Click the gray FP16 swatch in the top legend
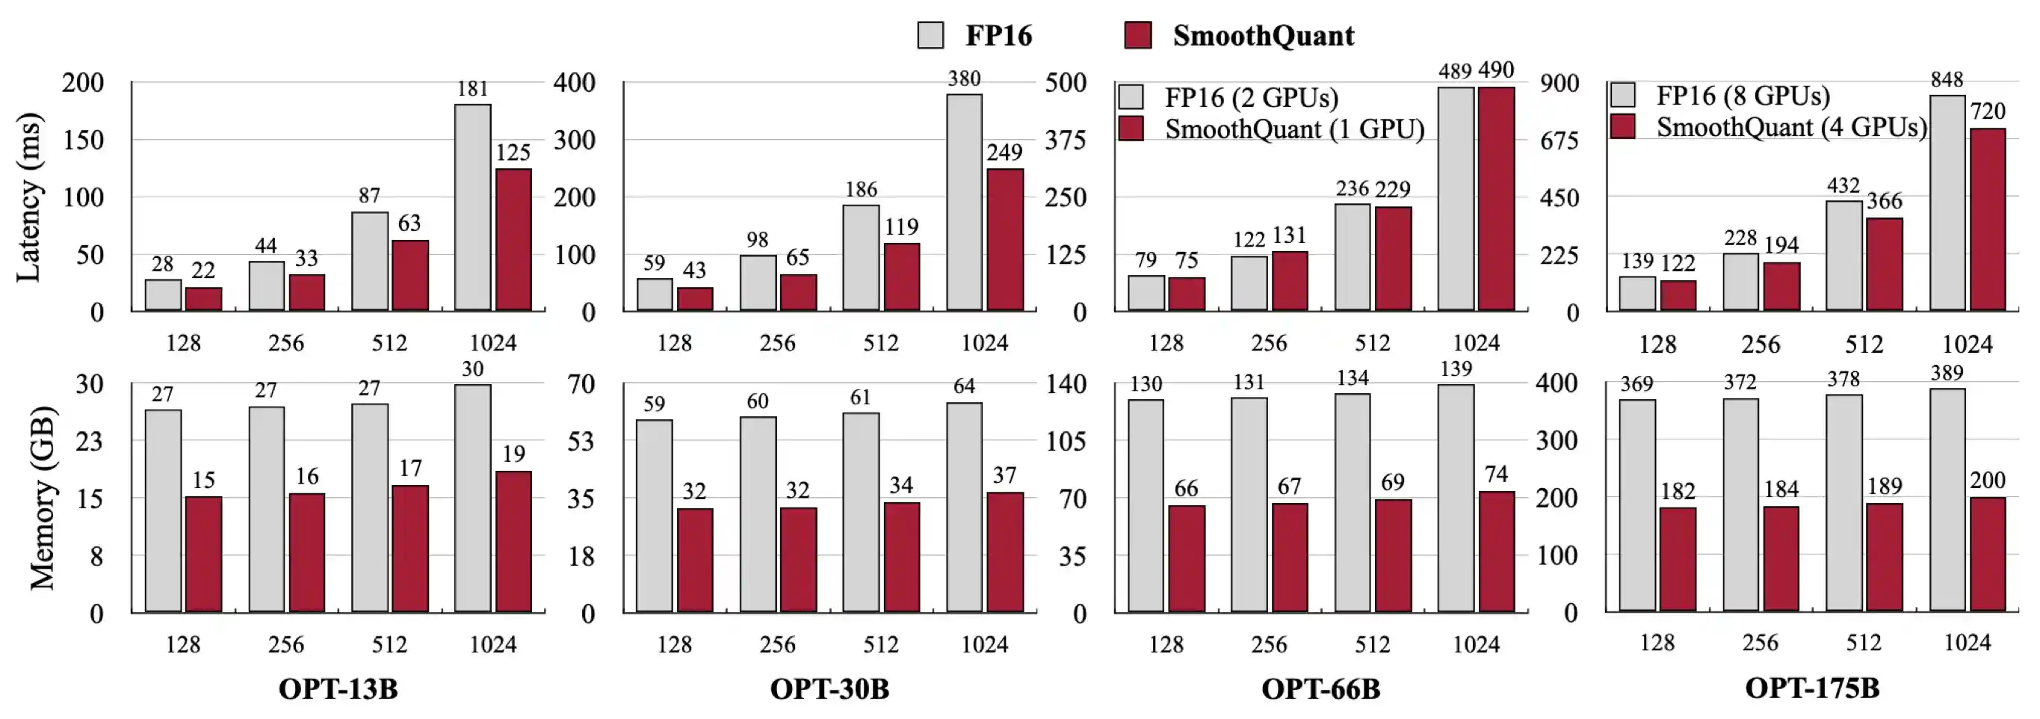click(x=930, y=36)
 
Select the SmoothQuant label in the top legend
click(x=1263, y=36)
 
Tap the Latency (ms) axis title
click(x=29, y=197)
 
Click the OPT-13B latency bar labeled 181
click(x=473, y=208)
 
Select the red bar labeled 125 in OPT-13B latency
click(x=513, y=239)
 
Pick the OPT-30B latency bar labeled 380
click(x=964, y=203)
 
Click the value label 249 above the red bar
click(x=1004, y=152)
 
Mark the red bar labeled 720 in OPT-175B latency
click(x=1988, y=219)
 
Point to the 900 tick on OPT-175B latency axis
click(x=1560, y=82)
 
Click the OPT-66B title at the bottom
click(x=1320, y=689)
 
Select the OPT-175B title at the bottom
click(x=1812, y=688)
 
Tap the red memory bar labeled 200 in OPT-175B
click(x=1988, y=555)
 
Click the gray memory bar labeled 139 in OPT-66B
click(x=1456, y=499)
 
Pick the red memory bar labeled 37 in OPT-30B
click(x=1004, y=553)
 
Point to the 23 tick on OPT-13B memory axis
click(x=89, y=441)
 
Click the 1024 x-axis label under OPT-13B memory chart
click(x=492, y=644)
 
